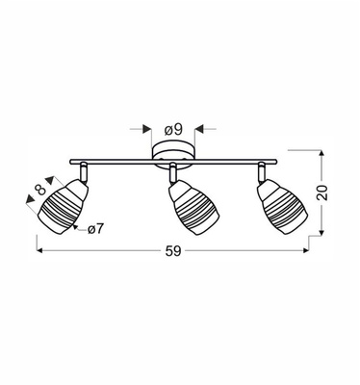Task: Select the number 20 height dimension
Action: click(333, 192)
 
